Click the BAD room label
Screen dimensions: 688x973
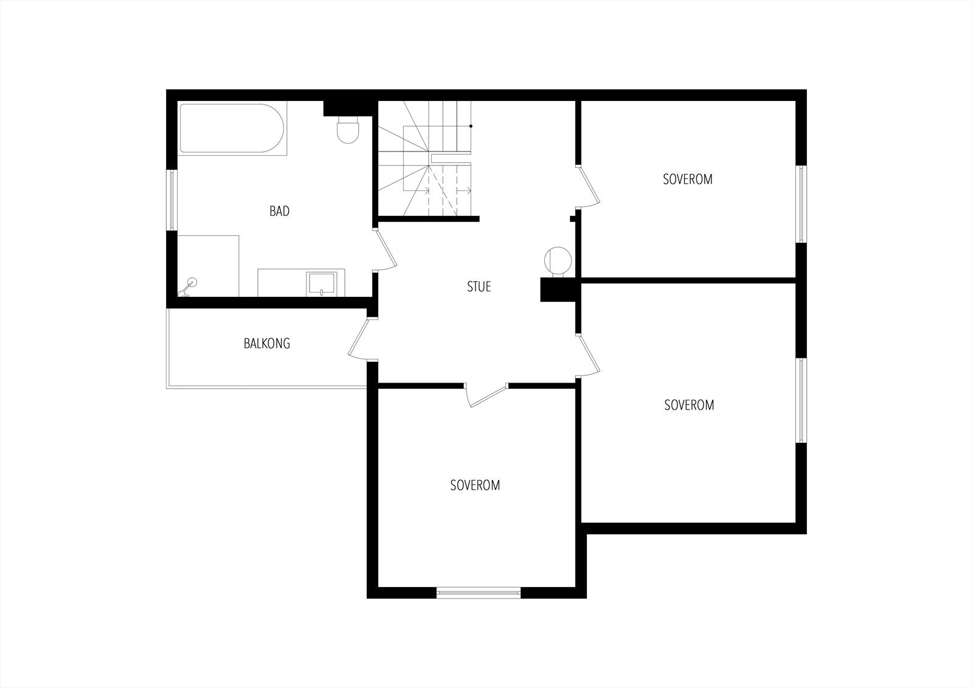[x=279, y=212]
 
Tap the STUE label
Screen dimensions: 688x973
[x=479, y=287]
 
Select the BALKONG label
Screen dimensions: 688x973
[x=266, y=344]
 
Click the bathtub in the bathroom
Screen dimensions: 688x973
[x=232, y=128]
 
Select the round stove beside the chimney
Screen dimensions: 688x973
[x=558, y=260]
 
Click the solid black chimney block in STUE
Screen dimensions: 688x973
[x=557, y=290]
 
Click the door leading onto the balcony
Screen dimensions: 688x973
[x=359, y=339]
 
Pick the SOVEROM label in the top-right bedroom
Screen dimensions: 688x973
[x=687, y=179]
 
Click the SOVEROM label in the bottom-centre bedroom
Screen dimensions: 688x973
[x=475, y=485]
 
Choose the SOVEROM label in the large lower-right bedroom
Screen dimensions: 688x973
[x=688, y=405]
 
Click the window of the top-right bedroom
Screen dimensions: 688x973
[x=801, y=204]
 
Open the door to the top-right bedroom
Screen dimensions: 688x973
[x=587, y=186]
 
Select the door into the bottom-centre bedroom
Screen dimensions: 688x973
[x=486, y=394]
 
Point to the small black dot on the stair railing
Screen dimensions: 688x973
[x=471, y=126]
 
